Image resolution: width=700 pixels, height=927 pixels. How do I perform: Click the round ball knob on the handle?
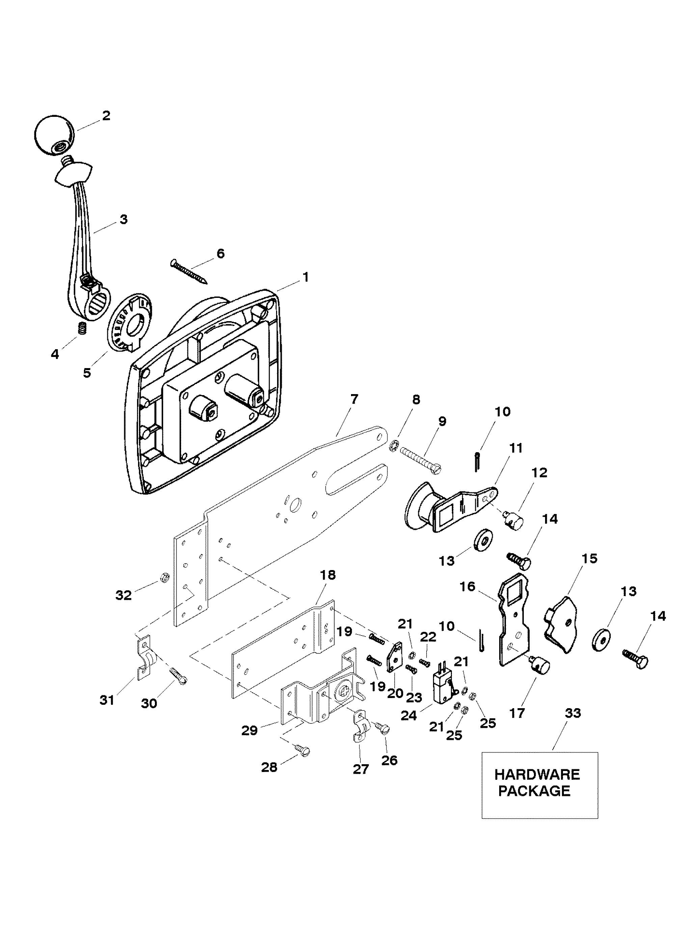coord(54,136)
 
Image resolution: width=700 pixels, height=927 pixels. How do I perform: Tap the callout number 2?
coord(106,116)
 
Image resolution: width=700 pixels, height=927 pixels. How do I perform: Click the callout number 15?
coord(589,559)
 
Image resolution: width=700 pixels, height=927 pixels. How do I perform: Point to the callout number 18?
coord(328,575)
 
